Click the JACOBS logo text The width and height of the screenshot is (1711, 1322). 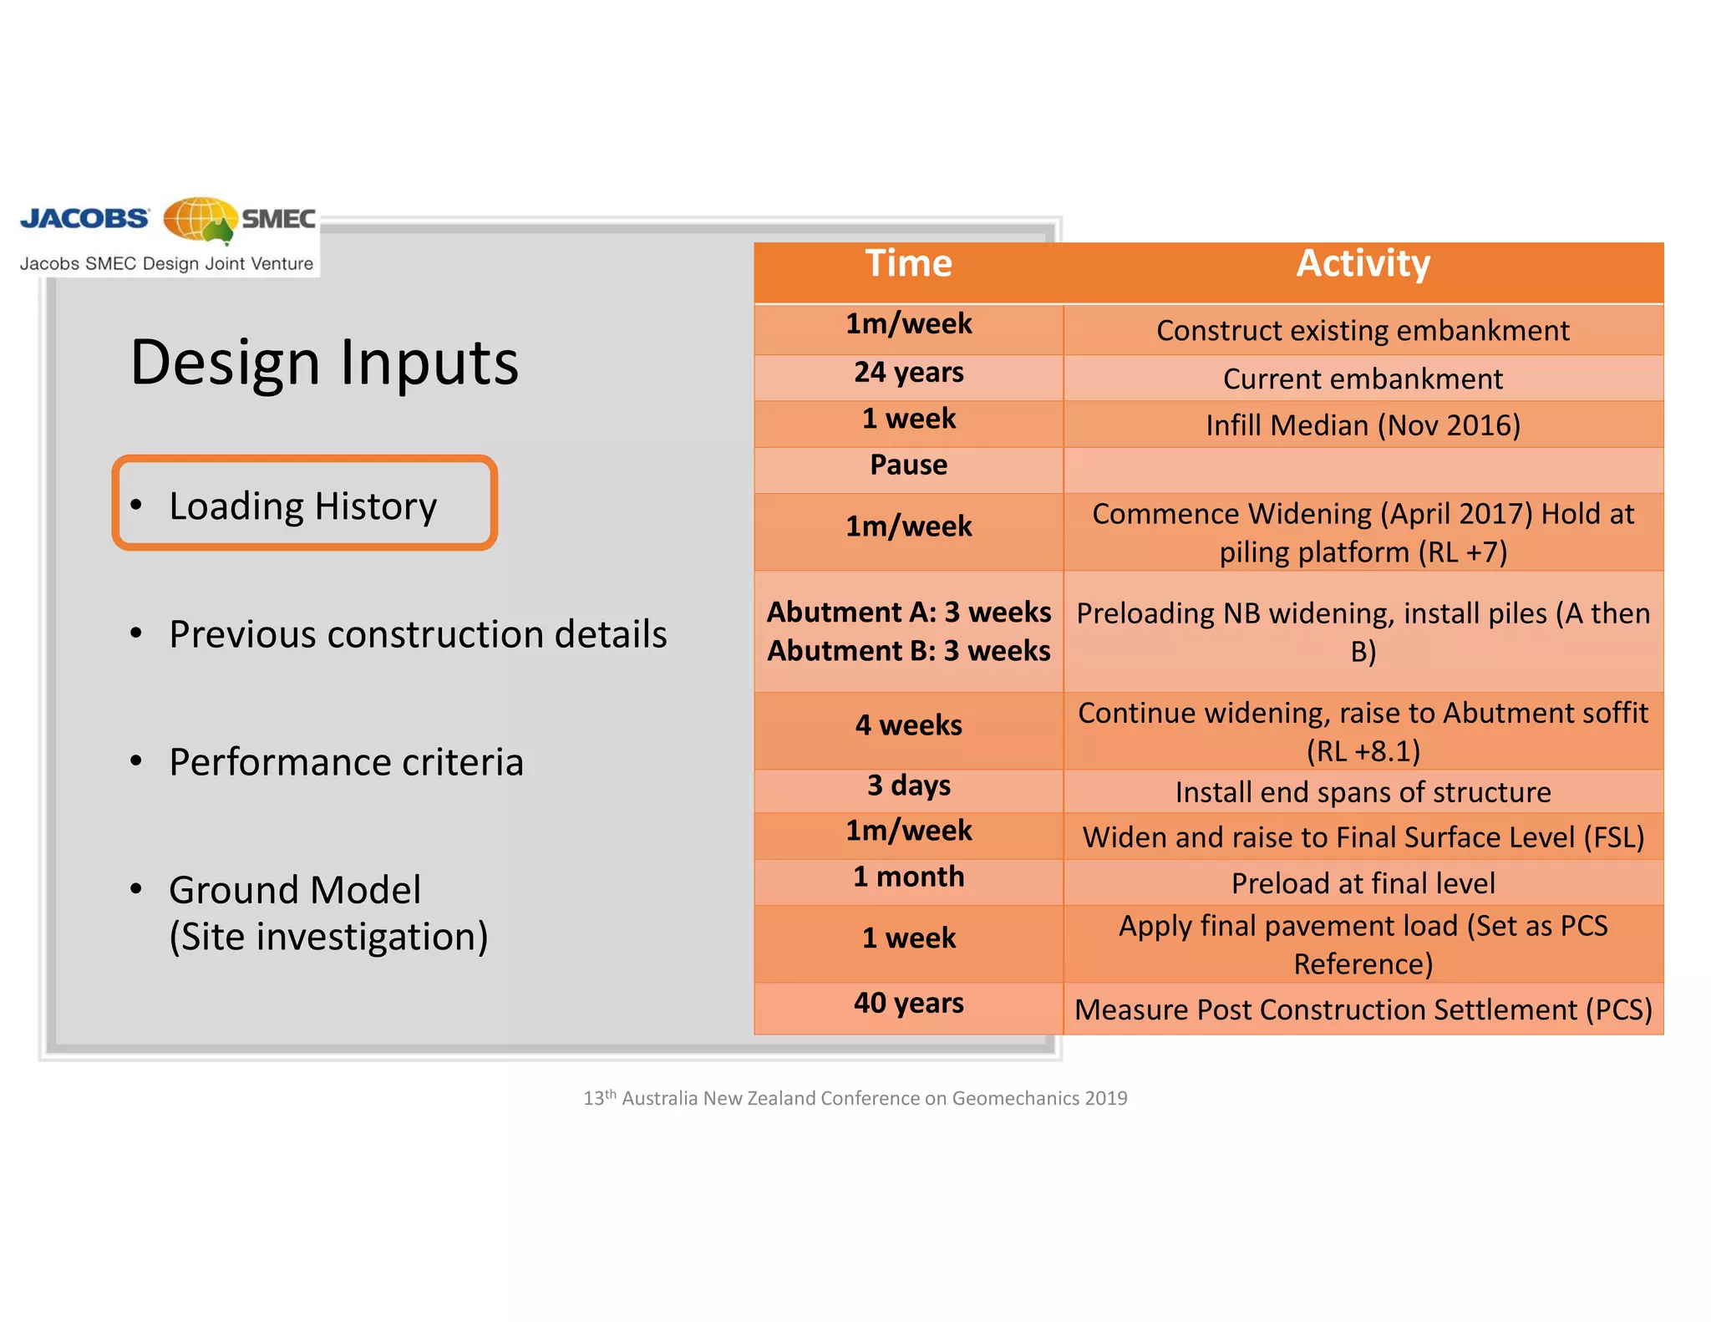click(84, 219)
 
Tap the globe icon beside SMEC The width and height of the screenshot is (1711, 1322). click(199, 221)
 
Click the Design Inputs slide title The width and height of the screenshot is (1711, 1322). click(324, 363)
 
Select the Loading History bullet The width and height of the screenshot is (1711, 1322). click(302, 506)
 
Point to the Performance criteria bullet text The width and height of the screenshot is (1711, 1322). click(346, 762)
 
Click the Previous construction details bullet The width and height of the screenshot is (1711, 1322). click(418, 634)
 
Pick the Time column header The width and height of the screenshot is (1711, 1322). click(908, 264)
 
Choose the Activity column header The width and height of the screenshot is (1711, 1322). click(1363, 264)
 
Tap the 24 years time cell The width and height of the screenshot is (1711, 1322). click(908, 373)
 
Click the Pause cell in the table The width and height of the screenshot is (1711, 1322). click(908, 465)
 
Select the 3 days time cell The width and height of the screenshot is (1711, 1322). click(908, 786)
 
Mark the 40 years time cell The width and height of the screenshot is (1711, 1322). click(908, 1003)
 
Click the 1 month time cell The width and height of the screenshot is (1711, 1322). click(908, 877)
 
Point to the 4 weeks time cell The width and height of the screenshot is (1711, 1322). click(908, 725)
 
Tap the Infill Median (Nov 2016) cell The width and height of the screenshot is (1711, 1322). click(1363, 425)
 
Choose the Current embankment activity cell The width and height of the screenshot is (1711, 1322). click(1363, 379)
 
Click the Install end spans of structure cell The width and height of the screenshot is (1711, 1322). click(1363, 792)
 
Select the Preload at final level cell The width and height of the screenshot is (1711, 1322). click(1363, 883)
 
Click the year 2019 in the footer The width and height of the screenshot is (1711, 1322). click(1106, 1098)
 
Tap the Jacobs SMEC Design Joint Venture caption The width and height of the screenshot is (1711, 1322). click(166, 264)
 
